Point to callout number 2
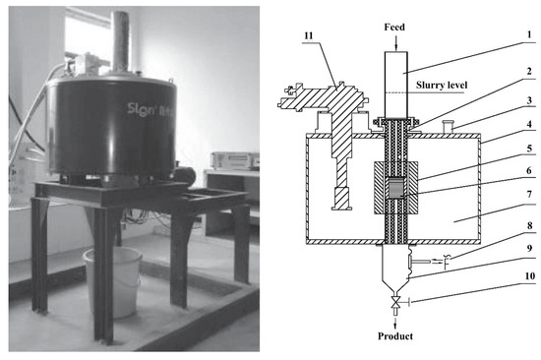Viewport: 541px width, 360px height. pyautogui.click(x=529, y=73)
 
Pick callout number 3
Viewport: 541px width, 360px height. pyautogui.click(x=529, y=100)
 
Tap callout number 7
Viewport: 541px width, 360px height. pyautogui.click(x=529, y=210)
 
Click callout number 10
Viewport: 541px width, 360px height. pyautogui.click(x=529, y=292)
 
